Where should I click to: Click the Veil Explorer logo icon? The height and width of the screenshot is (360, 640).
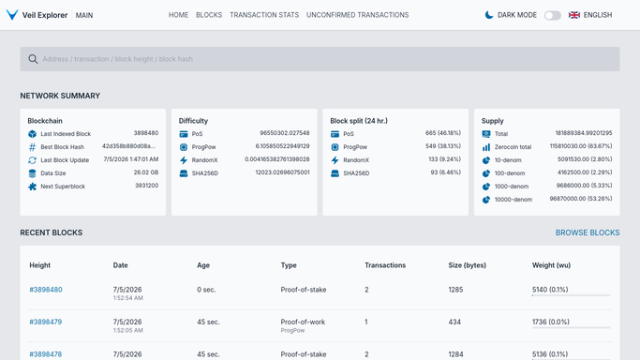12,15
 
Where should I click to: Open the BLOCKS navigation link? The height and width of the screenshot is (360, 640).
209,15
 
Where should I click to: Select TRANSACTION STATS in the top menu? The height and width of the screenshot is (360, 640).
264,15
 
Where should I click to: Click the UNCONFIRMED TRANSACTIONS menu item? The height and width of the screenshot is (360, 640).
358,15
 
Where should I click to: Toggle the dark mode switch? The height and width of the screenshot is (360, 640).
553,16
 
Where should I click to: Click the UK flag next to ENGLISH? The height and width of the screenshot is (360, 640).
574,15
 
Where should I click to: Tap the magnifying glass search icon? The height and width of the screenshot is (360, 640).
33,59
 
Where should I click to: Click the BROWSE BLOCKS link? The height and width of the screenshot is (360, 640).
588,232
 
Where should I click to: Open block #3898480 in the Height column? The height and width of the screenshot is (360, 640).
46,290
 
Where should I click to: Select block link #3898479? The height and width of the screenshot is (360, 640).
46,322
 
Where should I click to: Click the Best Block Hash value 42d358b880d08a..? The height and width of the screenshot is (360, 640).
128,146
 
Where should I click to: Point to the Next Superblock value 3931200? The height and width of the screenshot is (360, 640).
146,186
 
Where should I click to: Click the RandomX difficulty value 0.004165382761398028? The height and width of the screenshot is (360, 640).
277,159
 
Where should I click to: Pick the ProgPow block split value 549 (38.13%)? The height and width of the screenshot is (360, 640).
443,146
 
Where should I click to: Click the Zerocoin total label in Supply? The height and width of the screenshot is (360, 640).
513,147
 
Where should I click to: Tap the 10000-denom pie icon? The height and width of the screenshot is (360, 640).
486,200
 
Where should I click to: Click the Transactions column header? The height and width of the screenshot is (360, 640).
385,265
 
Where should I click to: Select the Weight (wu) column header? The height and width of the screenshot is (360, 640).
551,265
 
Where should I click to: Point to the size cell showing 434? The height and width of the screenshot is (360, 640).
454,322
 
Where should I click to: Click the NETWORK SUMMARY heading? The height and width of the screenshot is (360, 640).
60,96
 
